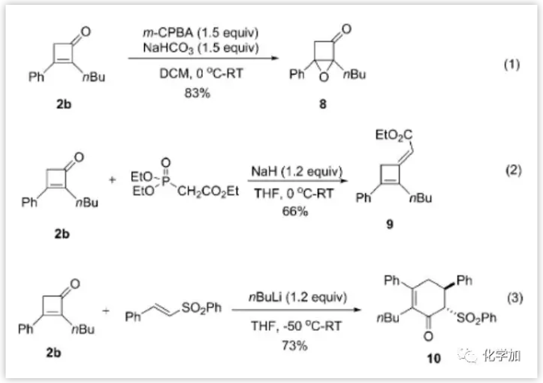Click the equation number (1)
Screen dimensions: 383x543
click(512, 65)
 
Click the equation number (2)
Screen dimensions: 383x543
click(513, 170)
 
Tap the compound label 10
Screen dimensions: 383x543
click(434, 359)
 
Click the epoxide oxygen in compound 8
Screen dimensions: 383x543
click(323, 76)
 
